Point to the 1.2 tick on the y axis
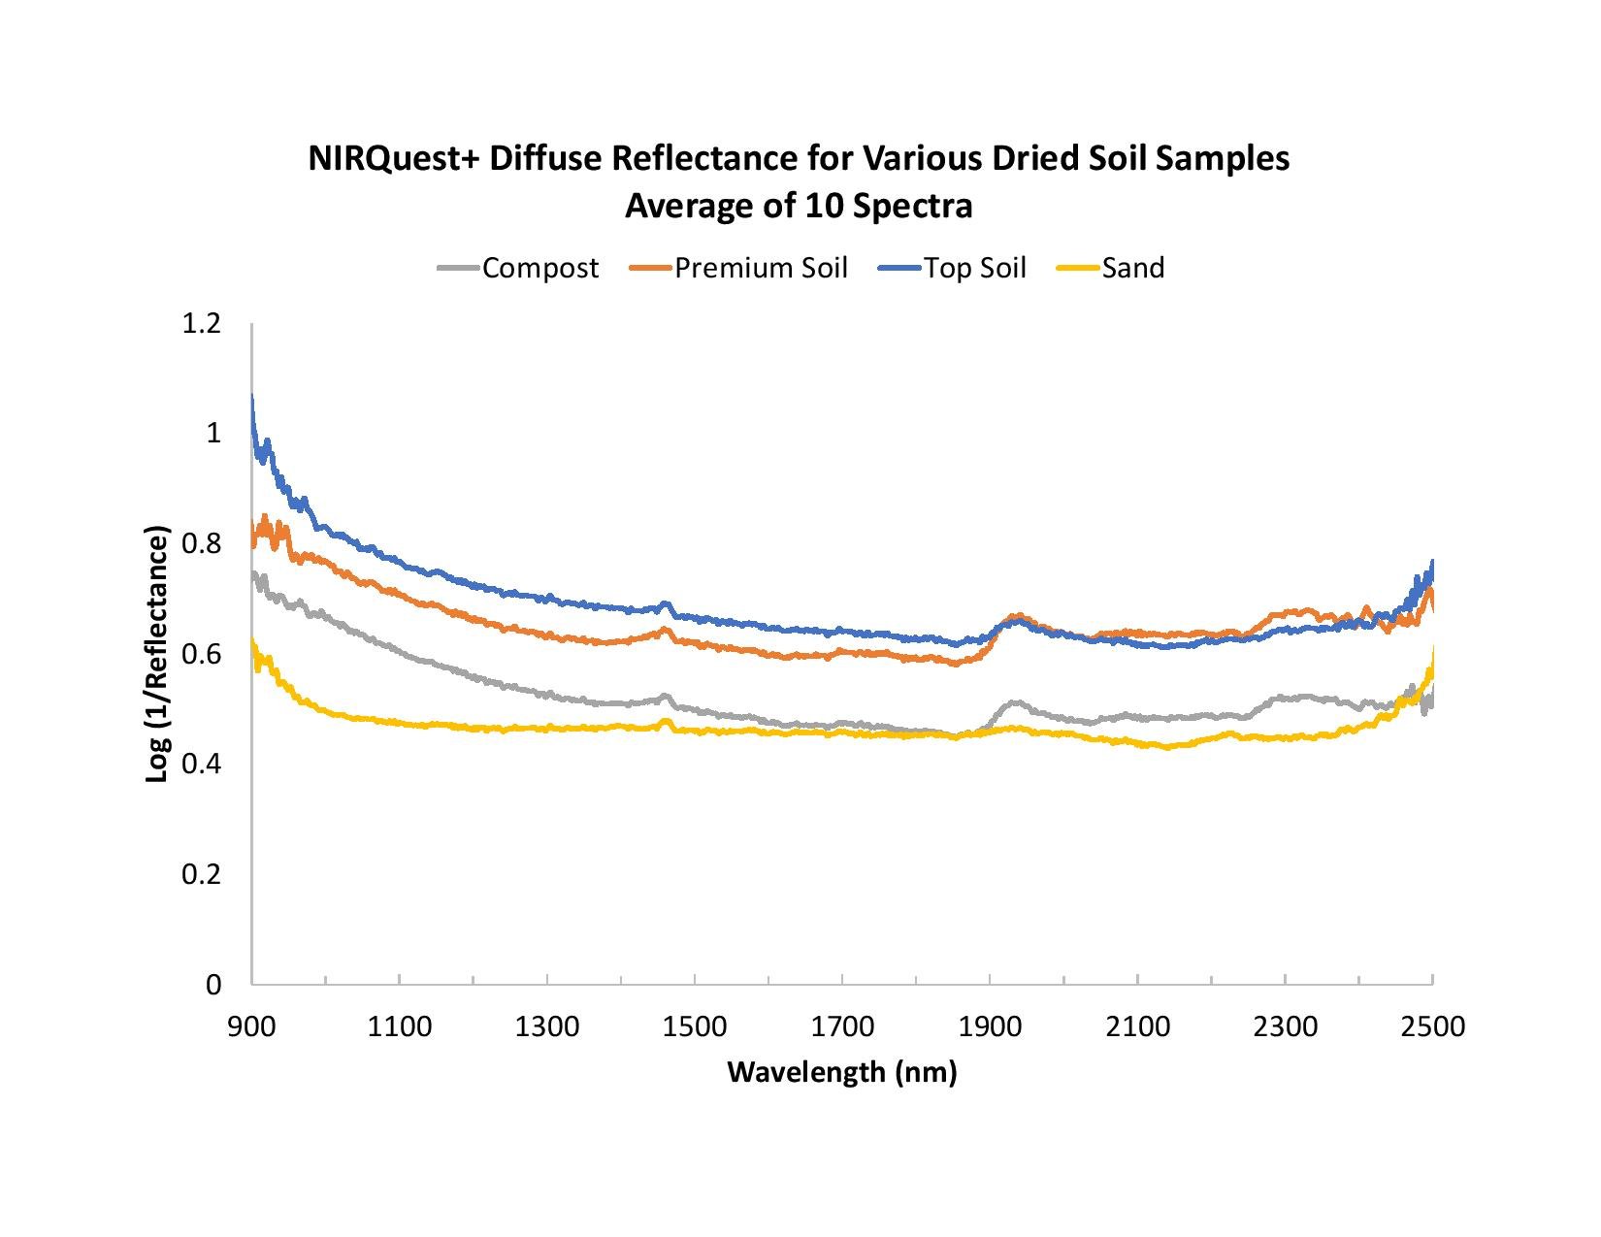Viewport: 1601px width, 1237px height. (x=201, y=323)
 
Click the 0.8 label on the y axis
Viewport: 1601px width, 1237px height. (x=201, y=543)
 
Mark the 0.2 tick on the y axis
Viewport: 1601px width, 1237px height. (x=201, y=874)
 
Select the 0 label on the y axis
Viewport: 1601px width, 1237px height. (x=213, y=984)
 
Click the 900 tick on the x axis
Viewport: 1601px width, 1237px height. (x=252, y=1025)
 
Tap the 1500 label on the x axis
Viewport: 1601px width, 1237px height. (x=695, y=1025)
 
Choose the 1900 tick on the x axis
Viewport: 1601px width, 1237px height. (x=990, y=1025)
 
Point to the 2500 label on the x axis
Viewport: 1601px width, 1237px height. (x=1432, y=1025)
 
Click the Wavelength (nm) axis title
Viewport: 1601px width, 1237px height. (x=841, y=1072)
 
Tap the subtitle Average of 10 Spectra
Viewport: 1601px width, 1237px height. (x=799, y=207)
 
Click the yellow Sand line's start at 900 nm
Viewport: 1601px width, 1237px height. (x=252, y=642)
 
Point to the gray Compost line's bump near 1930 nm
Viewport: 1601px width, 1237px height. (x=1015, y=701)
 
